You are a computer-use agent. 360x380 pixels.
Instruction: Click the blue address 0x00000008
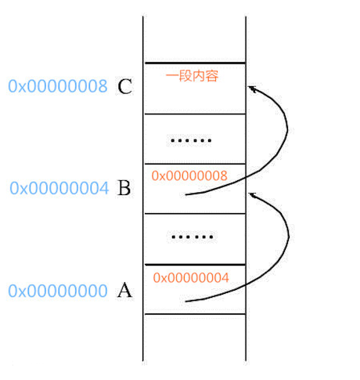(x=58, y=86)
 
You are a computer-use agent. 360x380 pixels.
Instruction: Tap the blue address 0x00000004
(x=59, y=188)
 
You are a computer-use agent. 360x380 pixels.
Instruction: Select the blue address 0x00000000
(x=58, y=291)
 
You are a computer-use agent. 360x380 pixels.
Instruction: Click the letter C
(x=124, y=86)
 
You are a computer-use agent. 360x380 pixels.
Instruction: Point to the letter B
(x=124, y=188)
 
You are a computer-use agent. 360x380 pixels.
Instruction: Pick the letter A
(x=124, y=290)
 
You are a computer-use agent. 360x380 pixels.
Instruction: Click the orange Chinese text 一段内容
(x=192, y=76)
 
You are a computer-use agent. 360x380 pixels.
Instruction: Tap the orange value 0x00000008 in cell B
(x=189, y=176)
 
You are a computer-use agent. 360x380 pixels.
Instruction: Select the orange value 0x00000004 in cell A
(x=191, y=277)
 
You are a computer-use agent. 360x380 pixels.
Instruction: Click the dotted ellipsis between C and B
(x=191, y=140)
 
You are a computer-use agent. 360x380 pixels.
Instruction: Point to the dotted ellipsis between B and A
(x=193, y=237)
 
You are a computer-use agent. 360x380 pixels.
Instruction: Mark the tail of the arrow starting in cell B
(x=185, y=194)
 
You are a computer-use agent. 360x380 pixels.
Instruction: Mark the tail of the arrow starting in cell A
(x=185, y=302)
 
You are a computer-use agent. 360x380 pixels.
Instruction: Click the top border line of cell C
(x=195, y=63)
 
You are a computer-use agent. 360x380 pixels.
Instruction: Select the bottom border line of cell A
(x=195, y=314)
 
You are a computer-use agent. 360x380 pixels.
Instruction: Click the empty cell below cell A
(x=194, y=338)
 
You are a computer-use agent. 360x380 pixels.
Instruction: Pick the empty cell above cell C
(x=194, y=39)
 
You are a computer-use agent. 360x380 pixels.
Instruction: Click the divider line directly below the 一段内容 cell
(x=195, y=114)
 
